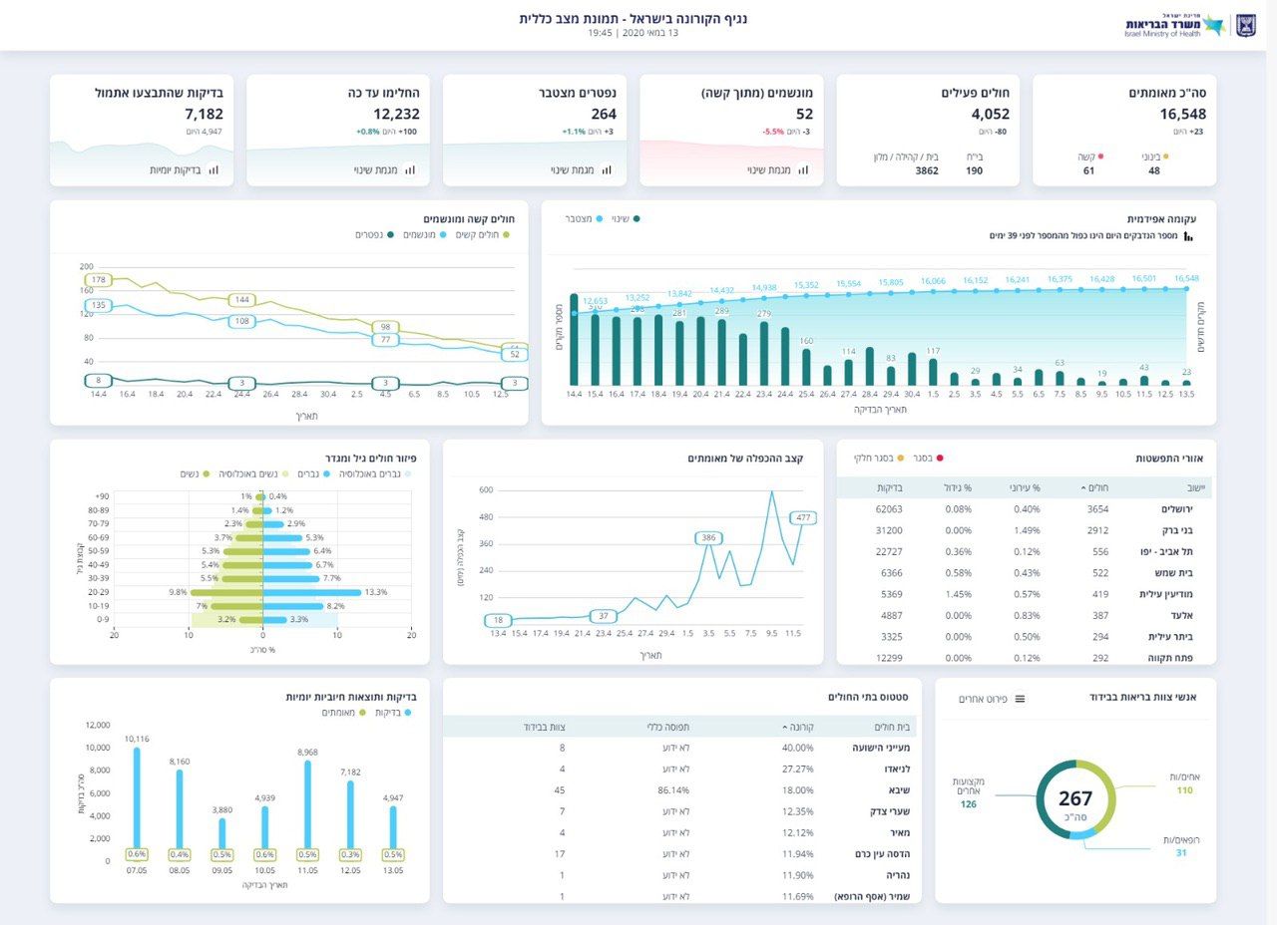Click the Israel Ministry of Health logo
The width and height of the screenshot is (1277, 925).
1188,25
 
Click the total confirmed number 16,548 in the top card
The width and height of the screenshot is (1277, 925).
1182,115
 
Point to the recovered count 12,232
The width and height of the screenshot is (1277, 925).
397,115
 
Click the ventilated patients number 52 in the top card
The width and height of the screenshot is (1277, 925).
804,115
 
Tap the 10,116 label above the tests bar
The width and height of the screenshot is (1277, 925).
137,739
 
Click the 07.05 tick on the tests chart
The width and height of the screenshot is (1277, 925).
137,870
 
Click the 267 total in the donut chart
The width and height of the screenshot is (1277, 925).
1075,799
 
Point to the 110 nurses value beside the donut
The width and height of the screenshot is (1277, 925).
1184,790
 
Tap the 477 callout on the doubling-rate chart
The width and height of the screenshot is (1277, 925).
803,517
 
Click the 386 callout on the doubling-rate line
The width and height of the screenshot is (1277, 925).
708,538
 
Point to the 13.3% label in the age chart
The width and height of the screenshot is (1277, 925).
376,592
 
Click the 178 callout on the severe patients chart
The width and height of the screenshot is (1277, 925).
98,280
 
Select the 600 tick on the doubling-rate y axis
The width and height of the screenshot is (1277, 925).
486,489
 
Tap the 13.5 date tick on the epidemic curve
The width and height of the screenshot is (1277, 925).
1186,395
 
